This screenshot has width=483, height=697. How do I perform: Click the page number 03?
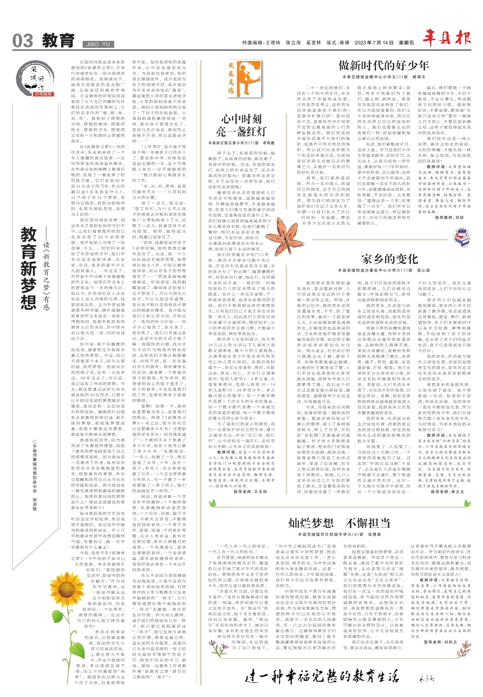[x=23, y=41]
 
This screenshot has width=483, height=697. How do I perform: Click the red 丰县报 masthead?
[x=446, y=38]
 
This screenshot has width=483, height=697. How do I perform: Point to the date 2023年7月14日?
[x=374, y=43]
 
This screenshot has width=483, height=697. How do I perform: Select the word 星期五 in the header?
[x=406, y=43]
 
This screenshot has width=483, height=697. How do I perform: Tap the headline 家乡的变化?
[x=389, y=259]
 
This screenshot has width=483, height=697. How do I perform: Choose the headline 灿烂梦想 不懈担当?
[x=339, y=523]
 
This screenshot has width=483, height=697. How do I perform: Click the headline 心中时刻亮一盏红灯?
[x=241, y=125]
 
